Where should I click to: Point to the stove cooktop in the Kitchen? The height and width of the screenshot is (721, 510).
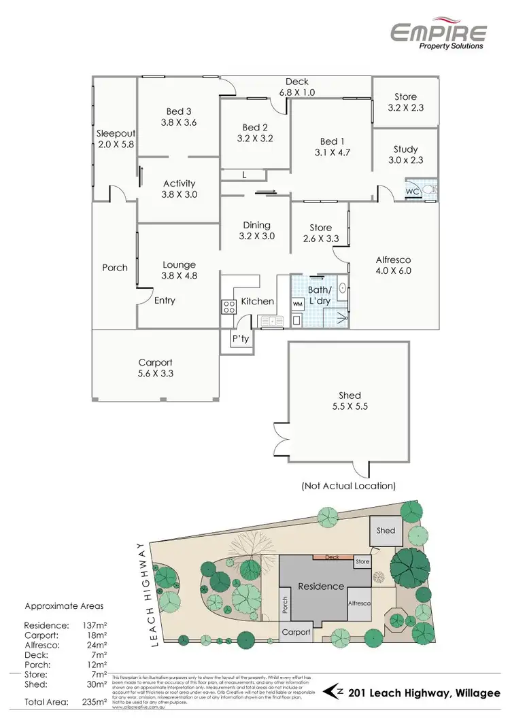pyautogui.click(x=228, y=306)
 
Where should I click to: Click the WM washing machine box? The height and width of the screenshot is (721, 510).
pyautogui.click(x=298, y=303)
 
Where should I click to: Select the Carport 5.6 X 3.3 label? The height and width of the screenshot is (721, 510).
pyautogui.click(x=156, y=368)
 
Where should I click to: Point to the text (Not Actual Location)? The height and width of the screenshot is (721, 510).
pyautogui.click(x=348, y=486)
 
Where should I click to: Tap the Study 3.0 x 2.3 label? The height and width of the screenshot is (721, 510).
pyautogui.click(x=405, y=154)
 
